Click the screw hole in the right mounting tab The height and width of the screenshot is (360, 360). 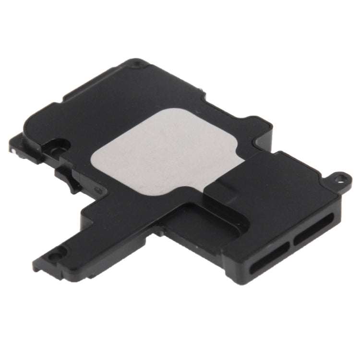[341, 179]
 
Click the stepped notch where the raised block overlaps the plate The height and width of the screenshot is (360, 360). [211, 190]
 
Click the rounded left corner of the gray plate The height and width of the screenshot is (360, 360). [96, 158]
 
